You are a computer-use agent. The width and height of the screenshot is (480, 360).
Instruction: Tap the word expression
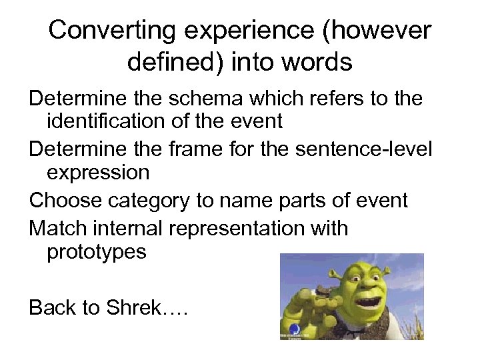[98, 172]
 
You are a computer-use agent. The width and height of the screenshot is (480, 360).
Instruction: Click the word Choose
[65, 199]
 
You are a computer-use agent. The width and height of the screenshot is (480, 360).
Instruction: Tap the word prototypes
[96, 252]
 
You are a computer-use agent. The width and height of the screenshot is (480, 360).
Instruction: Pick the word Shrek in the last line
[160, 307]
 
